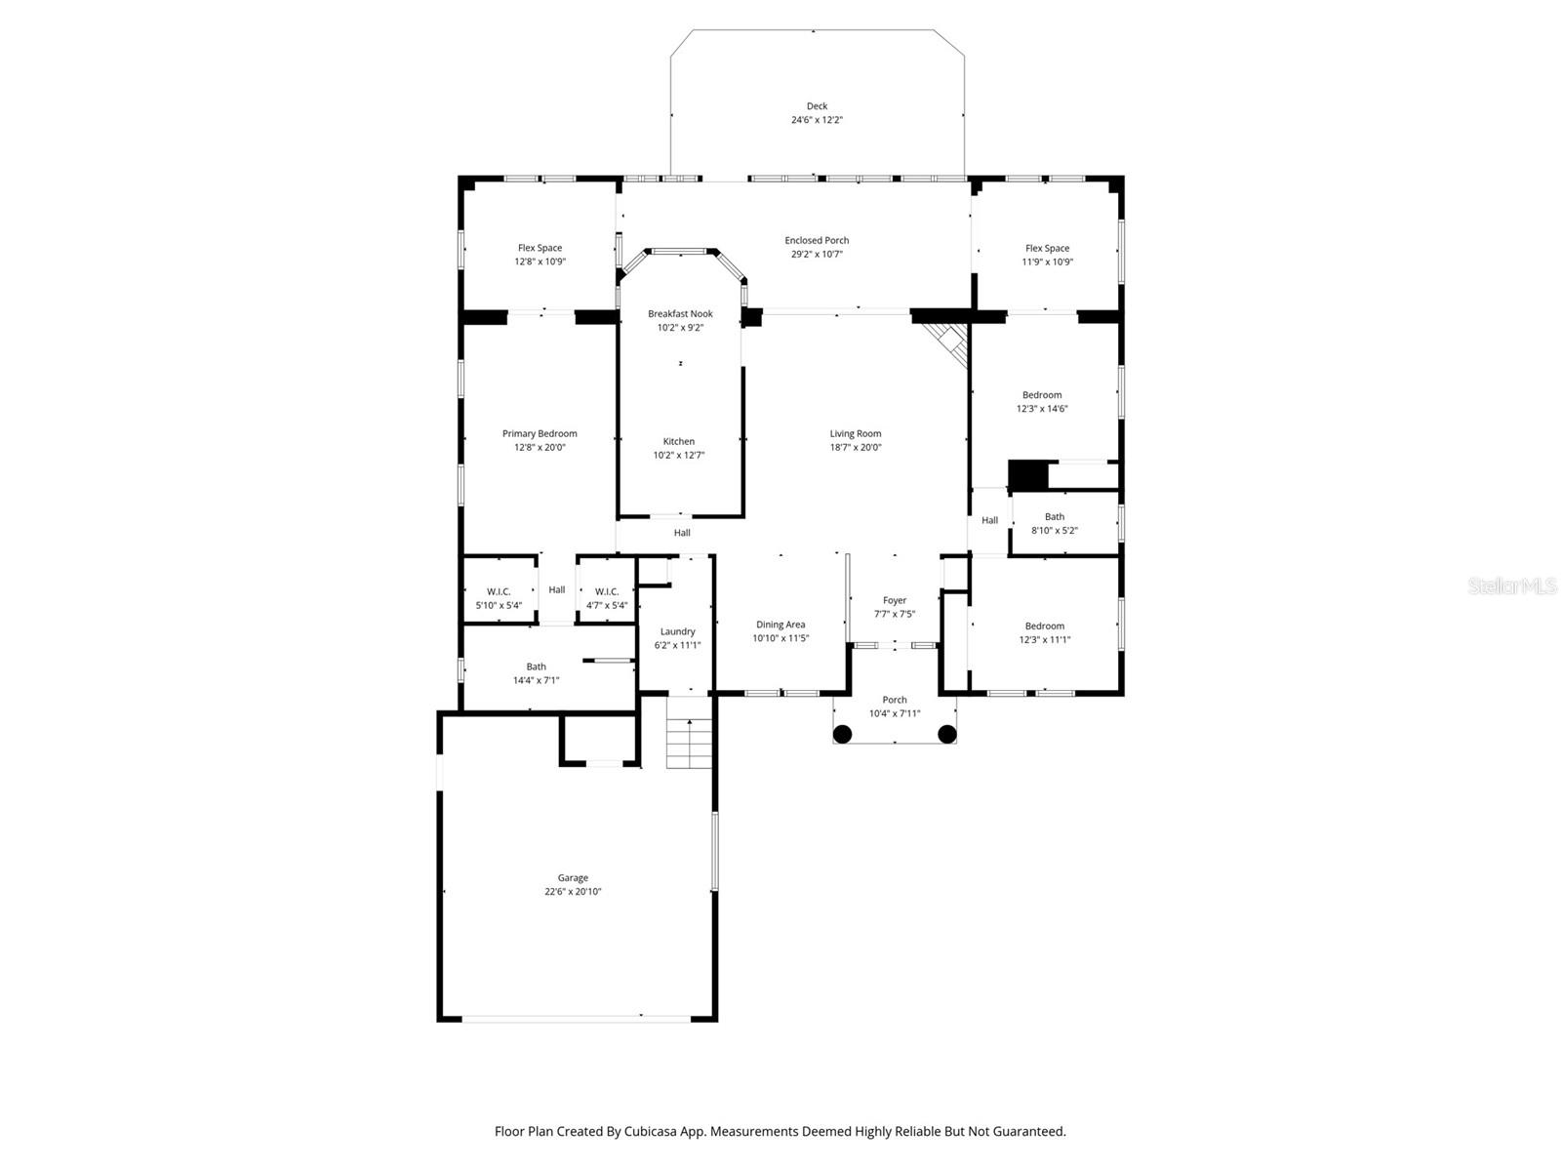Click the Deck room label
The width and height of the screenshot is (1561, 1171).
pyautogui.click(x=817, y=106)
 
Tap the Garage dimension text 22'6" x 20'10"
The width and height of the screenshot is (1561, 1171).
pyautogui.click(x=573, y=892)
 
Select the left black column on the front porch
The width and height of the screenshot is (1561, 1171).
pyautogui.click(x=842, y=734)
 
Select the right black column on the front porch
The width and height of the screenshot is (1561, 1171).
pyautogui.click(x=947, y=734)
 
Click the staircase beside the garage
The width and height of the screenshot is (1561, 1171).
pyautogui.click(x=690, y=744)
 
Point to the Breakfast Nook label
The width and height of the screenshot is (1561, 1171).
pyautogui.click(x=680, y=314)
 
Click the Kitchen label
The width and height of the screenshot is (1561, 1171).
pyautogui.click(x=679, y=441)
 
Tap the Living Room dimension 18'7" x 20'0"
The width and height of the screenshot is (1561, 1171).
pyautogui.click(x=856, y=448)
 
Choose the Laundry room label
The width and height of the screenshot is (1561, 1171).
pyautogui.click(x=677, y=631)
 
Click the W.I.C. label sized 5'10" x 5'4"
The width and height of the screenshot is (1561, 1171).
pyautogui.click(x=499, y=591)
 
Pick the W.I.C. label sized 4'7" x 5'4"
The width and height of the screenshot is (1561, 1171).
pyautogui.click(x=607, y=591)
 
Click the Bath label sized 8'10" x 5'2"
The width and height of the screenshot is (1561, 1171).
pyautogui.click(x=1055, y=517)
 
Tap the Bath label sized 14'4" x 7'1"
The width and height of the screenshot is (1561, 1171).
pyautogui.click(x=536, y=666)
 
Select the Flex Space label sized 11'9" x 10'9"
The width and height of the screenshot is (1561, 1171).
pyautogui.click(x=1047, y=248)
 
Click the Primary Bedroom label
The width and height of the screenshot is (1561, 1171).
pyautogui.click(x=540, y=433)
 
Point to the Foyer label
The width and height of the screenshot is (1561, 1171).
pyautogui.click(x=895, y=600)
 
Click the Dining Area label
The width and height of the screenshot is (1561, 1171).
pyautogui.click(x=780, y=625)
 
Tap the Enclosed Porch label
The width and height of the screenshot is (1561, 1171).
pyautogui.click(x=817, y=240)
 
